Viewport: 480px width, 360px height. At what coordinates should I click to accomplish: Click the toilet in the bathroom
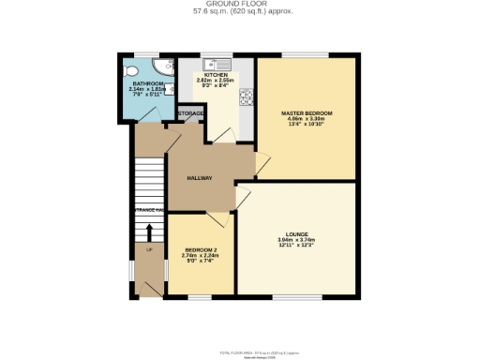tap(130, 69)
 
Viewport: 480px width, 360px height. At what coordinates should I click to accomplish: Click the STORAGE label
tap(191, 114)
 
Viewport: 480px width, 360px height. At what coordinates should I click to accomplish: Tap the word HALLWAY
tap(199, 177)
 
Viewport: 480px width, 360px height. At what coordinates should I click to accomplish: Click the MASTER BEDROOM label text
tap(307, 113)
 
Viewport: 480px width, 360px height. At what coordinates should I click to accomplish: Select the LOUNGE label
tap(297, 233)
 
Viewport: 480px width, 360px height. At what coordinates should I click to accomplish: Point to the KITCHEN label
tap(217, 74)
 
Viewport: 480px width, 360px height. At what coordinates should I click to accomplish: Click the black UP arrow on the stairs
tap(148, 262)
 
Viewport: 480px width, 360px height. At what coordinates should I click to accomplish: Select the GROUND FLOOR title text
tap(239, 4)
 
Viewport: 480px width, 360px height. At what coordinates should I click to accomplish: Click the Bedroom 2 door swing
tap(217, 220)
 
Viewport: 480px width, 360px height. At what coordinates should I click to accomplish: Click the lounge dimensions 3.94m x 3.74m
tap(297, 240)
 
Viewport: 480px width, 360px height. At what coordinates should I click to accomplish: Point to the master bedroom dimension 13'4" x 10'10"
tap(307, 125)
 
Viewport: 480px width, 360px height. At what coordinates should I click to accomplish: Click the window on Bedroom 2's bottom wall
tap(200, 297)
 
